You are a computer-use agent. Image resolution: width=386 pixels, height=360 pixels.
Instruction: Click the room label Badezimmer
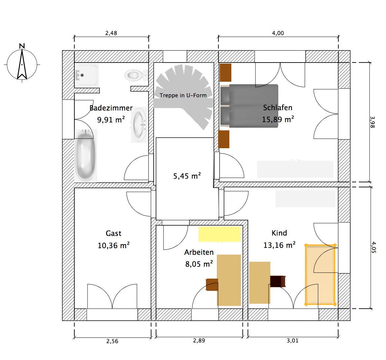point(111,108)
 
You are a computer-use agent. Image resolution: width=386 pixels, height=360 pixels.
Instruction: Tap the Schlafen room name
point(278,108)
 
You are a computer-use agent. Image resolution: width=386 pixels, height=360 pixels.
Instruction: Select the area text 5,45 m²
point(187,176)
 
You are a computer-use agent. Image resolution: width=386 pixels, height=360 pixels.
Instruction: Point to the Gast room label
point(113,233)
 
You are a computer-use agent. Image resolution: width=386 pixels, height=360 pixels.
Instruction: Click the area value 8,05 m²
point(199,264)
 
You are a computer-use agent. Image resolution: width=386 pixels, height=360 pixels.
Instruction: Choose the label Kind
point(279,233)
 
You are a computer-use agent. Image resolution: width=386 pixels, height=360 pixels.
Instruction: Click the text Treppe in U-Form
point(183,95)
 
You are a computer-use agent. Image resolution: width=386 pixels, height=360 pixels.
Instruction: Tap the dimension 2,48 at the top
point(111,33)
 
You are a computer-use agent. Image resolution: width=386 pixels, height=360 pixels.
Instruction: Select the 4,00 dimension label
point(278,33)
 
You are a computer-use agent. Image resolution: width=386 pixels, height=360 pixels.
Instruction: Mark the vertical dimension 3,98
point(372,122)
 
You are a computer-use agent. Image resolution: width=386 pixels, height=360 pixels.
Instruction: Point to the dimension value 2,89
point(199,340)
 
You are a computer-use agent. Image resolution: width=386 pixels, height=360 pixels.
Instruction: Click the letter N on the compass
point(22,46)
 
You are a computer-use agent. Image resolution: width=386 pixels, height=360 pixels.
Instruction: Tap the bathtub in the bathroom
point(85,155)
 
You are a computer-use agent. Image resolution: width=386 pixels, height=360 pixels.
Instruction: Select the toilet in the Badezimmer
point(136,75)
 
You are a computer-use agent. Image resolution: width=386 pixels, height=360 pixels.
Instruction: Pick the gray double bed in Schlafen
point(249,106)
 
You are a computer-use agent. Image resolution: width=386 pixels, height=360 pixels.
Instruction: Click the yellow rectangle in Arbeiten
point(219,234)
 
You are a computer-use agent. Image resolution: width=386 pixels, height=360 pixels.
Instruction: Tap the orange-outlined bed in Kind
point(321,275)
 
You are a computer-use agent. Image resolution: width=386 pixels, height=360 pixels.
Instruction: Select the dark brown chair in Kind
point(278,281)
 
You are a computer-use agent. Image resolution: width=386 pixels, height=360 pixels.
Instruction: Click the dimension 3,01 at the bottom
point(292,340)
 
